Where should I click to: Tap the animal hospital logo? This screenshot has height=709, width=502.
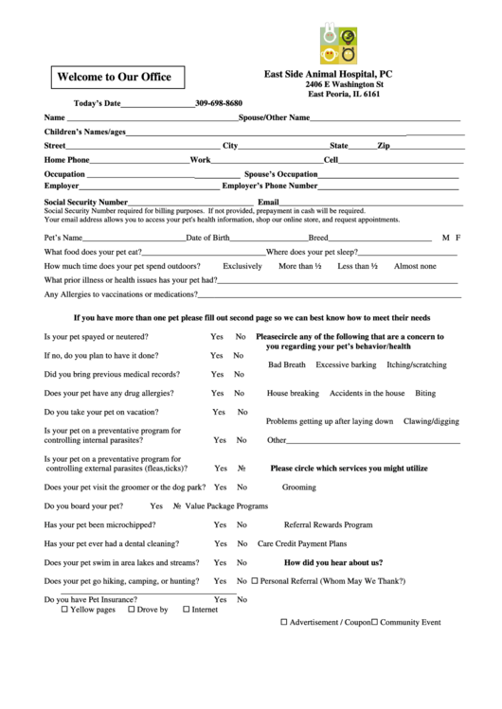(338, 44)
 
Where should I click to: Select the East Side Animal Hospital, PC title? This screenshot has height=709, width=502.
(328, 73)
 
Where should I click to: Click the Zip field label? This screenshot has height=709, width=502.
(384, 146)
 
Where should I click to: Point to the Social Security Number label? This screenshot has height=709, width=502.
(85, 202)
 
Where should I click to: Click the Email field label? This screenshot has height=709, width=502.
(268, 202)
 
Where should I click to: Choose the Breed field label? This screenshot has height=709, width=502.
(318, 237)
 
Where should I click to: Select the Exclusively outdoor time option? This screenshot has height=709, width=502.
(242, 266)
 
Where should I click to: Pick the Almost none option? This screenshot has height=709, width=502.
(415, 266)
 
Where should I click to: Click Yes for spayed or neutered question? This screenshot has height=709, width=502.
(217, 337)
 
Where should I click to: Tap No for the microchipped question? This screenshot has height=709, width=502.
(242, 524)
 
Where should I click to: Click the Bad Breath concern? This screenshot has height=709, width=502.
(287, 364)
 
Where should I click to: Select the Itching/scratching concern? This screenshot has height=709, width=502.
(417, 364)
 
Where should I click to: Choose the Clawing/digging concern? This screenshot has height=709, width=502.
(431, 420)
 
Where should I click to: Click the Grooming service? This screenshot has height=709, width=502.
(299, 487)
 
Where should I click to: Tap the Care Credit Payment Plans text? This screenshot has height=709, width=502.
(302, 543)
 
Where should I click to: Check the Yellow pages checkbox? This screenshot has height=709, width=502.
(64, 610)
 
